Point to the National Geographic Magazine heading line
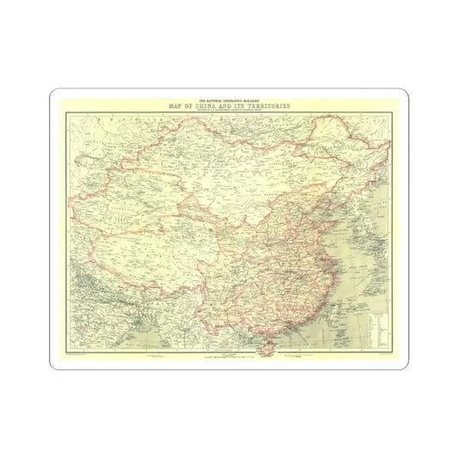point(229,101)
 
